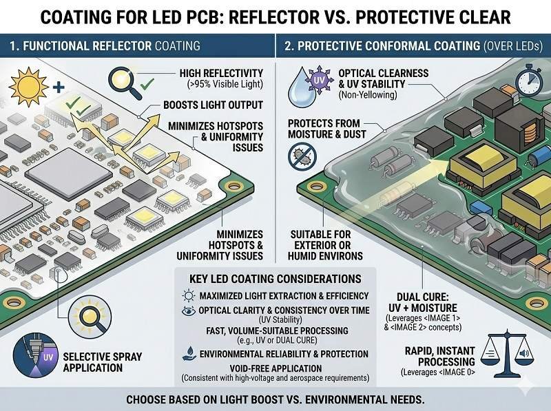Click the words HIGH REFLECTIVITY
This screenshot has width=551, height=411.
pos(222,74)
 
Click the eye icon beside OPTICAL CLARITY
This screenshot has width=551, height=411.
pos(189,310)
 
